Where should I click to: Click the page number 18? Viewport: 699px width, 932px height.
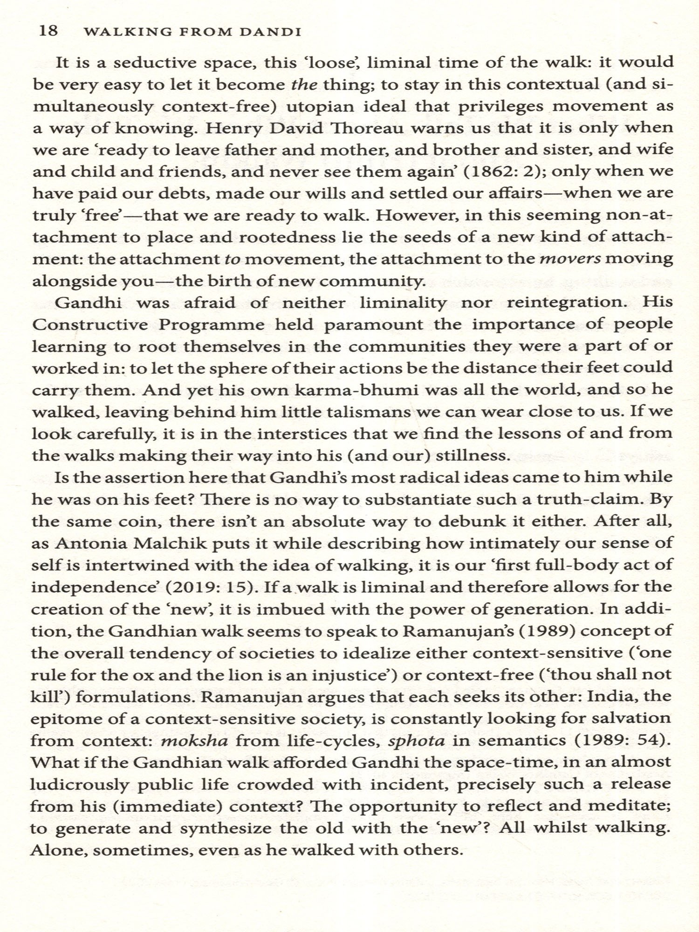[48, 31]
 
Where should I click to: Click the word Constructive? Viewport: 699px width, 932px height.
[90, 324]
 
